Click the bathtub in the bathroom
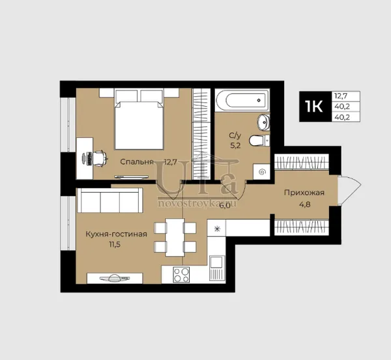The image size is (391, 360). point(242,100)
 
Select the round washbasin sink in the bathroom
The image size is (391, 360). point(264,122)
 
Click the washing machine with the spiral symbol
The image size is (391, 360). point(261,172)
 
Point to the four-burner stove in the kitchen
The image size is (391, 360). point(181,275)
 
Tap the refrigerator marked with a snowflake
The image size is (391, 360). point(217,228)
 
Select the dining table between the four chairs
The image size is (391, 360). point(175,238)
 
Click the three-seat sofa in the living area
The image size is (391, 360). point(110,201)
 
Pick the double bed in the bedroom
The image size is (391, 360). point(139,120)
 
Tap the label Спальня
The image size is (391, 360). point(136,161)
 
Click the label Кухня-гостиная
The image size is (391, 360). point(116,234)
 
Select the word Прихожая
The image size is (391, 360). point(304,193)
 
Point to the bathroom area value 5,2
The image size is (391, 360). point(235,146)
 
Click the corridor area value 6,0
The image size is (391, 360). point(224,206)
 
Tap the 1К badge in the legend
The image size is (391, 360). point(314,106)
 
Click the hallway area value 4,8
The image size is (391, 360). point(304,204)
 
